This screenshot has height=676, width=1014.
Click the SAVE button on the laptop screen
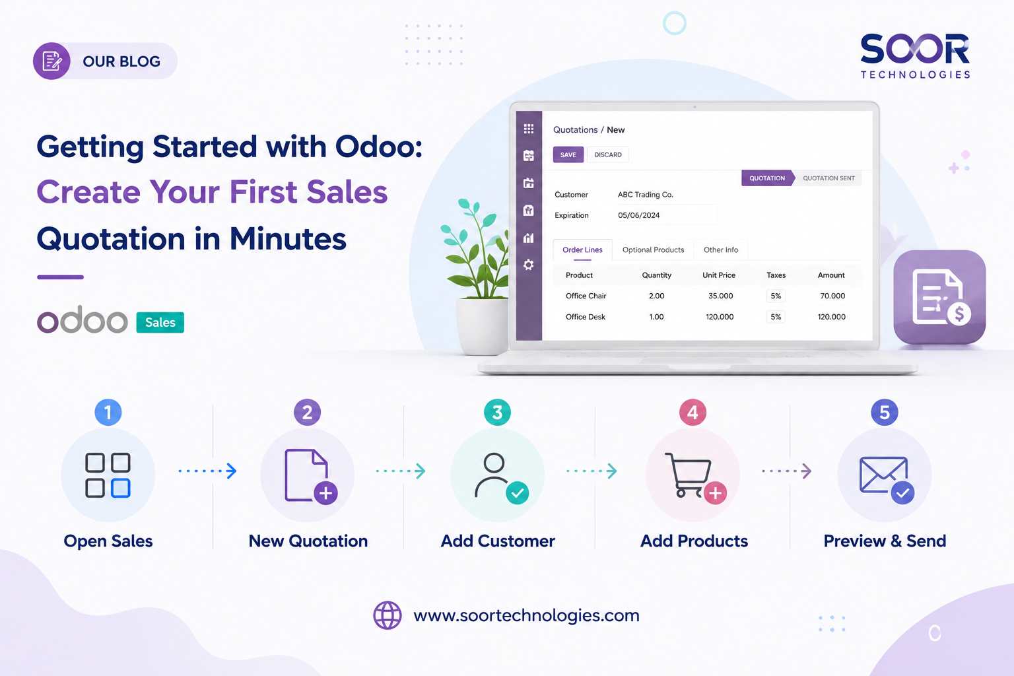pyautogui.click(x=568, y=154)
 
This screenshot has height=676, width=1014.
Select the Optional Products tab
pyautogui.click(x=653, y=250)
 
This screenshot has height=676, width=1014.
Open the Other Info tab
pyautogui.click(x=721, y=250)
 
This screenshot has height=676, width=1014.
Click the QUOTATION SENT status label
pyautogui.click(x=828, y=178)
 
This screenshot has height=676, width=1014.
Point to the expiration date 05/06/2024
pyautogui.click(x=639, y=215)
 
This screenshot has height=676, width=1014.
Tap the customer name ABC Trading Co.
pyautogui.click(x=646, y=195)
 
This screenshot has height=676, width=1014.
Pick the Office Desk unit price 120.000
pyautogui.click(x=720, y=317)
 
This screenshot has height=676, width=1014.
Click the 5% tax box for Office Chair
pyautogui.click(x=776, y=296)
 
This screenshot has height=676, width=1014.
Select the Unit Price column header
pyautogui.click(x=719, y=275)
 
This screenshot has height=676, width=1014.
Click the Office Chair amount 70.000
pyautogui.click(x=832, y=296)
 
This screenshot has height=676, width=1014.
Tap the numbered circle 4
pyautogui.click(x=693, y=413)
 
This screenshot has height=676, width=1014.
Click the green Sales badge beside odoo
pyautogui.click(x=160, y=322)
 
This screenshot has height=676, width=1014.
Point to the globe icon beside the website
pyautogui.click(x=388, y=615)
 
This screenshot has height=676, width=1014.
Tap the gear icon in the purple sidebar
pyautogui.click(x=529, y=265)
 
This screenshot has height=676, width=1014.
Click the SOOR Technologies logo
pyautogui.click(x=915, y=55)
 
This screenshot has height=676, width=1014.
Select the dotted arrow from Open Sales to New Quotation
pyautogui.click(x=208, y=471)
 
